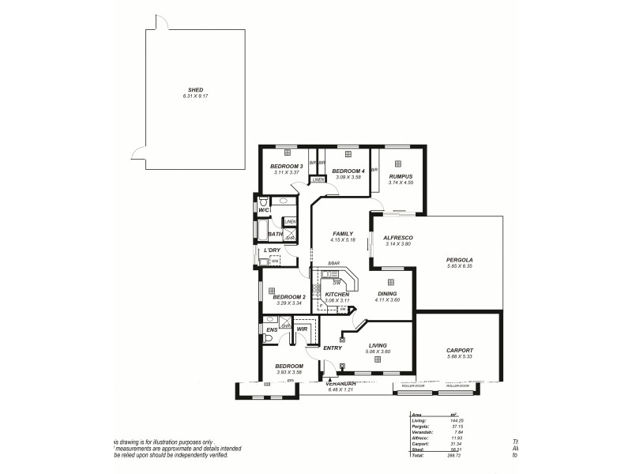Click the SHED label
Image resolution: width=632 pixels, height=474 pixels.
click(x=196, y=90)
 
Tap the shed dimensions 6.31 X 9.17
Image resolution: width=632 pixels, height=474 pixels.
click(x=196, y=96)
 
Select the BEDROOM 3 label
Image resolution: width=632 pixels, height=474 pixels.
click(x=286, y=166)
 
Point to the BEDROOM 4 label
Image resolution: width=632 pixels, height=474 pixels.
click(x=348, y=171)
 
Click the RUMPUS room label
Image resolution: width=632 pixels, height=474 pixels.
click(x=401, y=177)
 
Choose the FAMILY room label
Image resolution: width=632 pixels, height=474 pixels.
click(x=342, y=234)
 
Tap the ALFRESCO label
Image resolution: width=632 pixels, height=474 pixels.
click(x=398, y=238)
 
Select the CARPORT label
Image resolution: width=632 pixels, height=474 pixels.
click(x=459, y=350)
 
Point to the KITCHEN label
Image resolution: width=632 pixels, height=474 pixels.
click(x=337, y=295)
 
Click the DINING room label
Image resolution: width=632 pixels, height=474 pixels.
click(x=387, y=294)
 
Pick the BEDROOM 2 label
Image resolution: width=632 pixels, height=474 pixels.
click(x=288, y=297)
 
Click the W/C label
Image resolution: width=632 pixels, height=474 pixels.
click(x=264, y=210)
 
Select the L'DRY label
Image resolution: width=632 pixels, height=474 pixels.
click(x=272, y=250)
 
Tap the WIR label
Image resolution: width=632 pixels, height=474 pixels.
click(x=302, y=329)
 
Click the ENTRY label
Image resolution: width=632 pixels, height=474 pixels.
click(x=332, y=348)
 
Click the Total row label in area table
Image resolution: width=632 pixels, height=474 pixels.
click(x=418, y=456)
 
